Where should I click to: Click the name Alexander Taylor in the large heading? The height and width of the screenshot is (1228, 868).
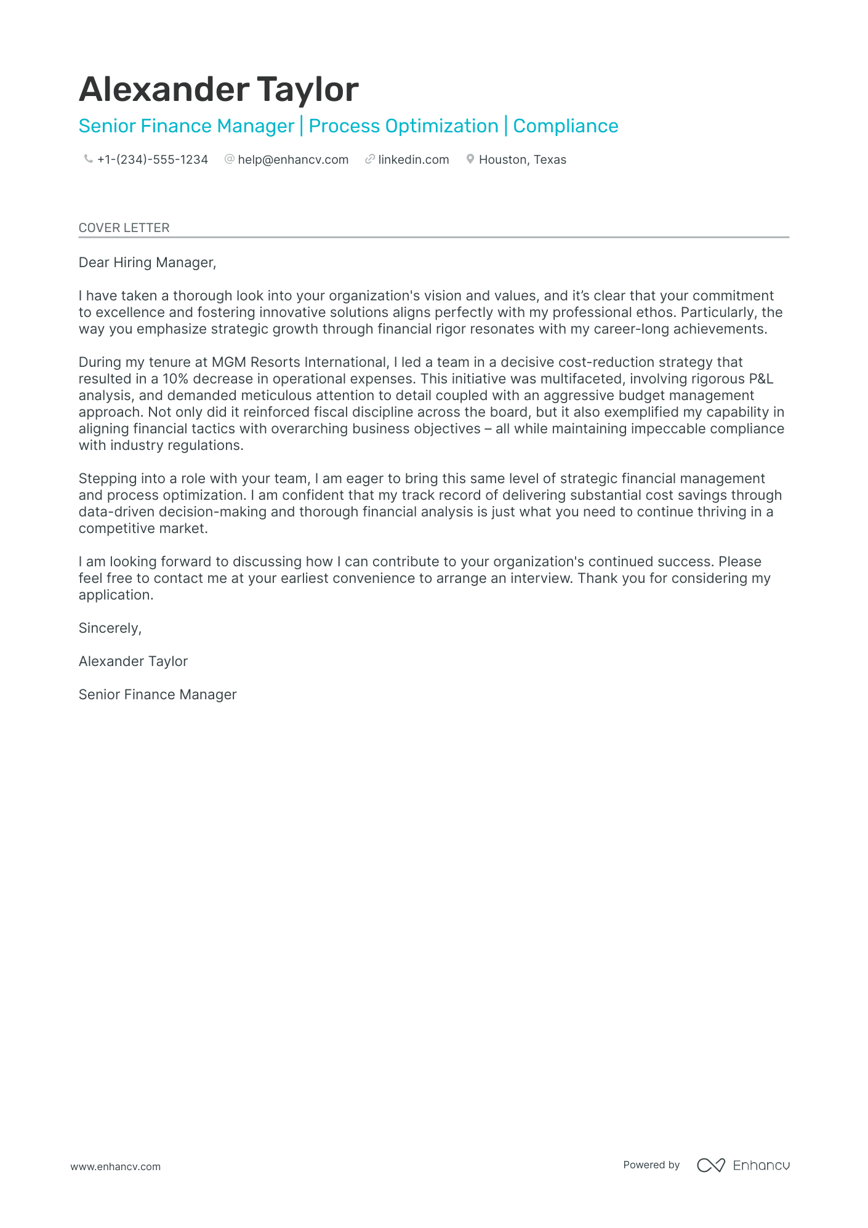coord(219,90)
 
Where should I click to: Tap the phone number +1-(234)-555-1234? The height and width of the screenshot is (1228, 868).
coord(152,160)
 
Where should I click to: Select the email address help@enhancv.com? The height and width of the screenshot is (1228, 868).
coord(293,160)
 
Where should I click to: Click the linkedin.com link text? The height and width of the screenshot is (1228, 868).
coord(413,160)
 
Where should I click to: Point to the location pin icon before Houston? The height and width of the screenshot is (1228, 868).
coord(470,159)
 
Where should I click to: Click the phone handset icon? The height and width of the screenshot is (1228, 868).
coord(88,159)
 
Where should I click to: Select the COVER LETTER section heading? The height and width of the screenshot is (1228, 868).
coord(124,228)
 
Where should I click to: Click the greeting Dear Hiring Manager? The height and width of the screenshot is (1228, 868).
coord(147,263)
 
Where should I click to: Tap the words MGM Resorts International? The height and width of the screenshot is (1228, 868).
coord(299,363)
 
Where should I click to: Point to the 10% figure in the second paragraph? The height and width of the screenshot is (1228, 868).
coord(175,379)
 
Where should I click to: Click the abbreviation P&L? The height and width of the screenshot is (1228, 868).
coord(761,379)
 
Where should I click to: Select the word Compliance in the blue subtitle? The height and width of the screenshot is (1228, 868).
coord(565,126)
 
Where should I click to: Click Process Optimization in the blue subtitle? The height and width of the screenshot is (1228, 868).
coord(403,126)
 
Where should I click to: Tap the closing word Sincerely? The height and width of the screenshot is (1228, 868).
coord(110,628)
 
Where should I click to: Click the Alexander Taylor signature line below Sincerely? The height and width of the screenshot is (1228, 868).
coord(133,662)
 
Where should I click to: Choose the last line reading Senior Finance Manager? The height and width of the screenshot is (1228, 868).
coord(158,695)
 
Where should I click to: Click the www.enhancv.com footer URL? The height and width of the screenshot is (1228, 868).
coord(115,1166)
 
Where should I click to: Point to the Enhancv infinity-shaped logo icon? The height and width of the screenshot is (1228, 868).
coord(710,1165)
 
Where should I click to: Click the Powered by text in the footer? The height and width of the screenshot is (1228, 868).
coord(651,1165)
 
